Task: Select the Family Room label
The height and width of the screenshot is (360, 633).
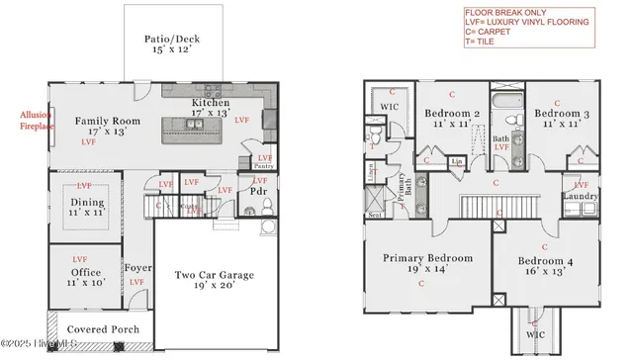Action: (x=109, y=122)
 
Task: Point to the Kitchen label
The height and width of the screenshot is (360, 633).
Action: (x=211, y=103)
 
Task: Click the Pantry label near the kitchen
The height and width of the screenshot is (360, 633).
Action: (x=264, y=166)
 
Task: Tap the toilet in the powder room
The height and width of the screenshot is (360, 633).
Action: (x=265, y=229)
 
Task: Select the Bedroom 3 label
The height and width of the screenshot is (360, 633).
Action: (x=557, y=114)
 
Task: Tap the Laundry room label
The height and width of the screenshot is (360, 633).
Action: (x=578, y=196)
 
